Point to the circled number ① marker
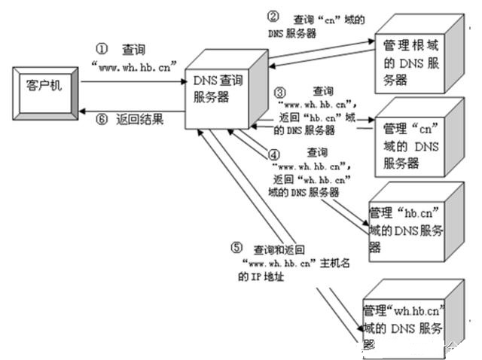click(102, 47)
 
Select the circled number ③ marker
click(279, 91)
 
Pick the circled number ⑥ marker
click(100, 120)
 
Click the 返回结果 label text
click(140, 120)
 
